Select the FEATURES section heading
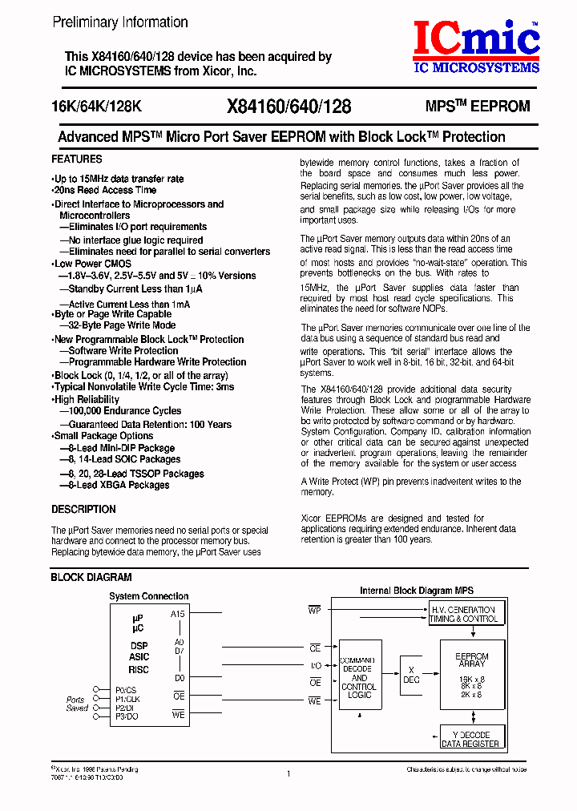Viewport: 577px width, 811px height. pos(77,159)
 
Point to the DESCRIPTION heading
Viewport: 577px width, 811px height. pos(83,510)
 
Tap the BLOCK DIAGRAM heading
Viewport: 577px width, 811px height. pos(91,577)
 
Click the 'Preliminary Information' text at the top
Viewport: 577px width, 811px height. pos(120,22)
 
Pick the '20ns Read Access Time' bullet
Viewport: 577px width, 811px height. pos(105,191)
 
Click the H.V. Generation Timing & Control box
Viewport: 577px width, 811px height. pos(463,614)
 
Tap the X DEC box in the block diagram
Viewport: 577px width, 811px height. pos(411,674)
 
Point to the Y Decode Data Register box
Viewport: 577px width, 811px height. pos(471,739)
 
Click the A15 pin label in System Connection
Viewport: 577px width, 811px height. pos(178,614)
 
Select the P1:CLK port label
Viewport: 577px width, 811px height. pos(127,699)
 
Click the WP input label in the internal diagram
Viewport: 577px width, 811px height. pos(315,611)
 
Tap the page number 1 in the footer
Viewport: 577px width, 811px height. pos(288,774)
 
